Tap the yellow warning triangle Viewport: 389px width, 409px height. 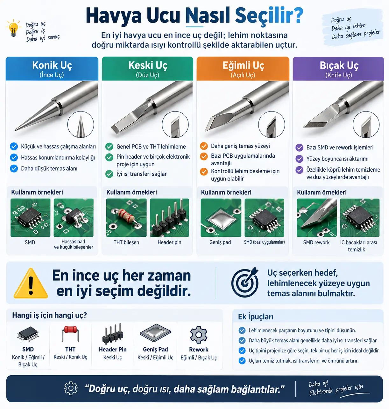[x=31, y=283]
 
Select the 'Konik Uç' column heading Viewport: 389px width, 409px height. [x=52, y=65]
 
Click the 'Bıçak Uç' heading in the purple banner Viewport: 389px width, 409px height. [x=339, y=65]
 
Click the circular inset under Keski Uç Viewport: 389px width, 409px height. [x=175, y=125]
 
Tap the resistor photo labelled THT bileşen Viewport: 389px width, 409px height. [x=126, y=218]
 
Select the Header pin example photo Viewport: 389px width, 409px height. [x=169, y=218]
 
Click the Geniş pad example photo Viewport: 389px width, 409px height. [x=221, y=218]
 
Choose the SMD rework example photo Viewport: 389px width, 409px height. [x=316, y=218]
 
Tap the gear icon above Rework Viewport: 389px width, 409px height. [x=198, y=335]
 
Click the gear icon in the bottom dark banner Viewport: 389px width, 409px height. [x=71, y=388]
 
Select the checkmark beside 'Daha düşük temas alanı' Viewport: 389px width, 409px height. [x=14, y=168]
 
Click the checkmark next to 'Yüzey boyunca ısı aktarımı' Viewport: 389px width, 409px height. [x=299, y=159]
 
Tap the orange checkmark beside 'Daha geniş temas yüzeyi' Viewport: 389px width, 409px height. [x=204, y=146]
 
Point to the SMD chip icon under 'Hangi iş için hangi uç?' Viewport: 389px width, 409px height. [x=28, y=334]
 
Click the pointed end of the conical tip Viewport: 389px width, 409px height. [x=15, y=130]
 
